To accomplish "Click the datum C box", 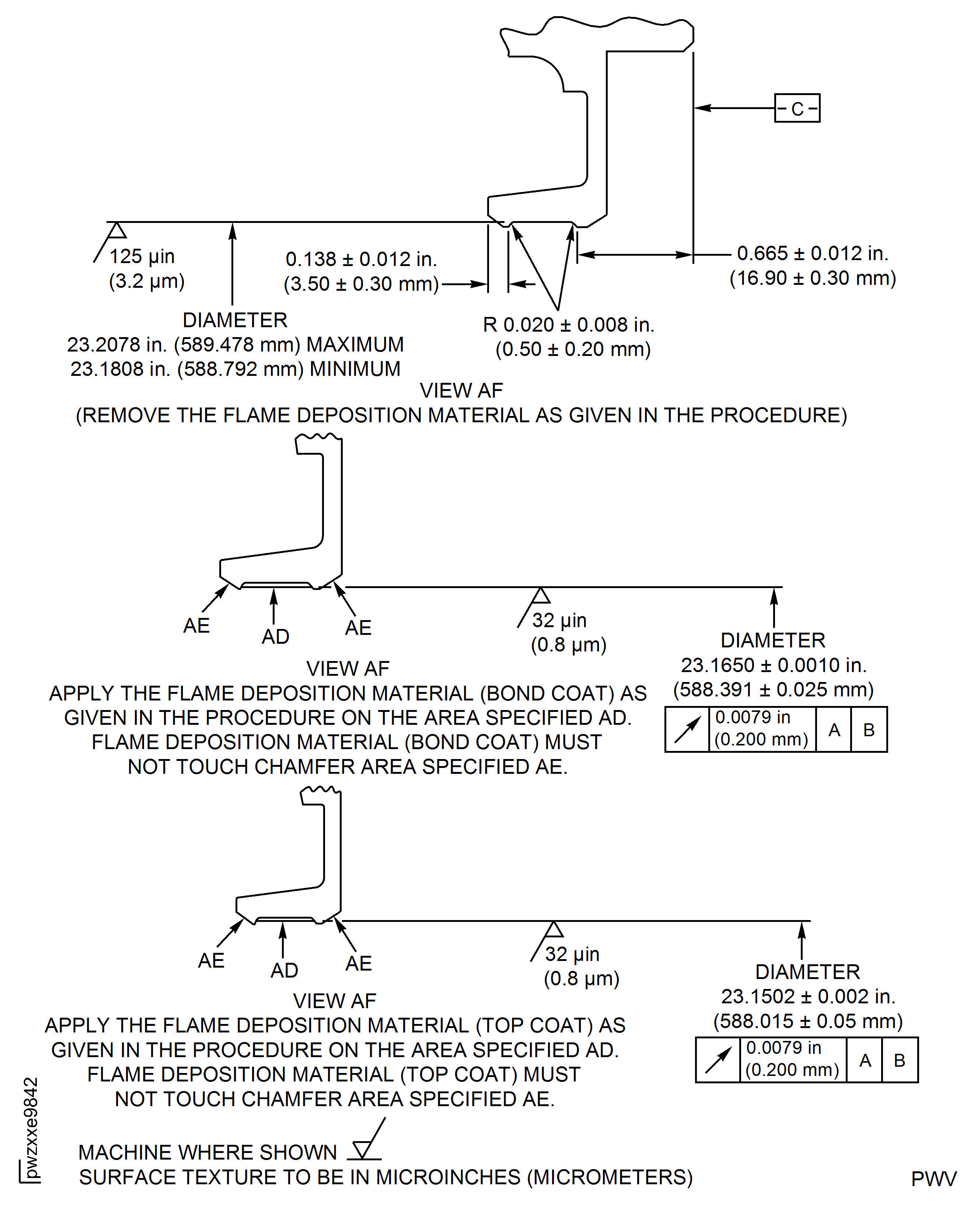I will [x=797, y=108].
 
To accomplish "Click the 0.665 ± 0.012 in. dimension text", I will [x=813, y=254].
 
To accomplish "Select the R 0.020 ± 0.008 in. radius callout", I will [x=568, y=325].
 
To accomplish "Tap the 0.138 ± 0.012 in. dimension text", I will [x=361, y=259].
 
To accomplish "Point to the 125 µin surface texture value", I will [x=142, y=257].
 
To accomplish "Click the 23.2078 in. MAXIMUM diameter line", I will [x=235, y=345].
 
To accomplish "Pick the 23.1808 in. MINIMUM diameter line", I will [x=235, y=369].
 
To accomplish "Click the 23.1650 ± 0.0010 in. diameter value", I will [x=774, y=665].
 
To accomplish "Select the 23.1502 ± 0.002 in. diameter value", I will [x=808, y=997].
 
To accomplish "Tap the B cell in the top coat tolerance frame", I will [x=900, y=1060].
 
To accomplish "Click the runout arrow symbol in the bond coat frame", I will [x=687, y=730].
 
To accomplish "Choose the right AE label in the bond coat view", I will [x=358, y=628].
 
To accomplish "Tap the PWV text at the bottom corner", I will [x=933, y=1179].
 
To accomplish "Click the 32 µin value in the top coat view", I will [x=572, y=954].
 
